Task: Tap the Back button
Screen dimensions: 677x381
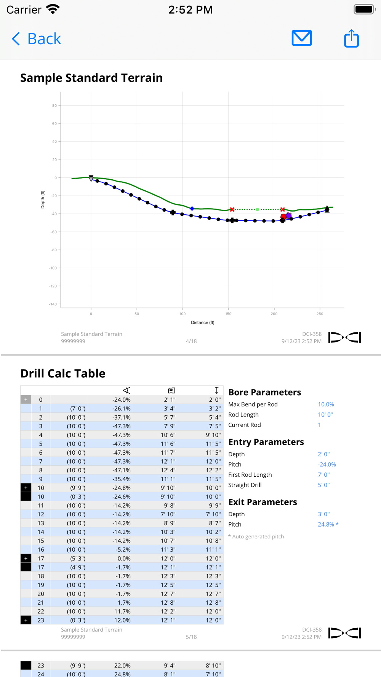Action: pyautogui.click(x=37, y=39)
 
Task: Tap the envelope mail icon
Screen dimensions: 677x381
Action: pyautogui.click(x=302, y=38)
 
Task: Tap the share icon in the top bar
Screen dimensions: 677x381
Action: pyautogui.click(x=351, y=38)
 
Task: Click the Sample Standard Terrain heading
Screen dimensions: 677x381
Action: pyautogui.click(x=91, y=78)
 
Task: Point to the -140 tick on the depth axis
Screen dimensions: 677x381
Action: pyautogui.click(x=53, y=304)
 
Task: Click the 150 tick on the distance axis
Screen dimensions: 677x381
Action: pyautogui.click(x=228, y=314)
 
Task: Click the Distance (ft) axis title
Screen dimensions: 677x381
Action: pyautogui.click(x=202, y=323)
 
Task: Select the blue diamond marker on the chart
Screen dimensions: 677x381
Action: pyautogui.click(x=192, y=209)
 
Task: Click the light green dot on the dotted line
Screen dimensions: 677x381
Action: pyautogui.click(x=258, y=209)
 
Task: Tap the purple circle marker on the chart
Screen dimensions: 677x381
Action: pyautogui.click(x=289, y=216)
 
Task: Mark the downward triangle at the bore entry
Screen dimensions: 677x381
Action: pyautogui.click(x=91, y=178)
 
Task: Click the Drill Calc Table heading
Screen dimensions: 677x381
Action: pyautogui.click(x=63, y=374)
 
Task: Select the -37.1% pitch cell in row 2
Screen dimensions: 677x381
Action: pyautogui.click(x=122, y=417)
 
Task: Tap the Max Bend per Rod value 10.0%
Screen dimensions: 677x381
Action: pyautogui.click(x=326, y=404)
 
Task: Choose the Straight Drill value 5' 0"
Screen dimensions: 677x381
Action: pyautogui.click(x=324, y=485)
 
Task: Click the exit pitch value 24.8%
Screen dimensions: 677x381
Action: pyautogui.click(x=326, y=524)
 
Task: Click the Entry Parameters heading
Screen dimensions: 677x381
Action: pyautogui.click(x=266, y=442)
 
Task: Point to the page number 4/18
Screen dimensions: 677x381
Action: pyautogui.click(x=191, y=341)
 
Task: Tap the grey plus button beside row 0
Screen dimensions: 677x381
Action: pyautogui.click(x=26, y=400)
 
